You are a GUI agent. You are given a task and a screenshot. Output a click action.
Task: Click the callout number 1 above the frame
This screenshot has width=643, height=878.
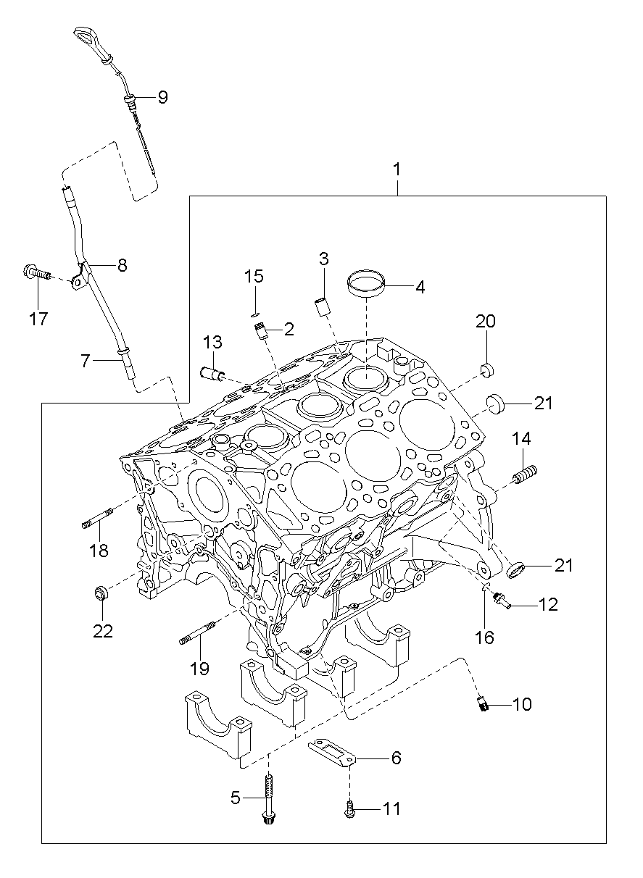pos(397,169)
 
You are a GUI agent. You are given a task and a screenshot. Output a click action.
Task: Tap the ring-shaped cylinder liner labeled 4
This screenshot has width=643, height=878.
pos(366,283)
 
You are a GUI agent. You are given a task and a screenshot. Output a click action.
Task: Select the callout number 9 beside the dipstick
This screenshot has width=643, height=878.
pos(162,97)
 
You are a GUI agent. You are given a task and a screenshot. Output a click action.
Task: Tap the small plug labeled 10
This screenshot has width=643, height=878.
pos(482,703)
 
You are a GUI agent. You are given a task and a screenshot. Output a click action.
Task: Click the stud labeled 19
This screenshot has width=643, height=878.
pos(197,634)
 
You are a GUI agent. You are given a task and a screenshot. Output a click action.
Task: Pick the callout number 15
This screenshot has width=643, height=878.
pos(254,277)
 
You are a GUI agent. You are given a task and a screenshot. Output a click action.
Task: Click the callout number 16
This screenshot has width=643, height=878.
pos(484,637)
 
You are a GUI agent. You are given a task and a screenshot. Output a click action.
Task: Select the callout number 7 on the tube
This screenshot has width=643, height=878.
pos(86,359)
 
